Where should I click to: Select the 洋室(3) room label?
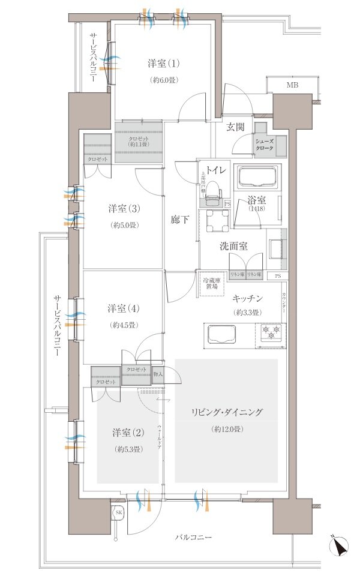click(x=124, y=209)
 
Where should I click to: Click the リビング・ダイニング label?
click(x=227, y=412)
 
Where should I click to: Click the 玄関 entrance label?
click(x=236, y=127)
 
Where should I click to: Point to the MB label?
click(x=292, y=85)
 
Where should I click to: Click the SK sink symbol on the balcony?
click(x=118, y=512)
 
